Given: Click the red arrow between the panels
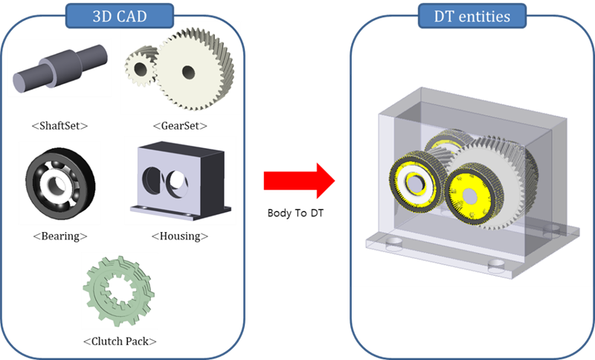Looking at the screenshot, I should click(x=297, y=181).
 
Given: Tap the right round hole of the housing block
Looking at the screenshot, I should click(x=178, y=179).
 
